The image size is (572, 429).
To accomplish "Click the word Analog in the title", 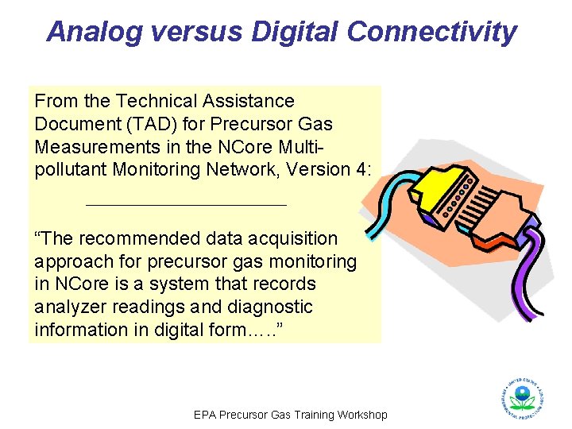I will [94, 32].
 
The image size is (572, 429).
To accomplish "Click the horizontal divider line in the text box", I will [185, 205].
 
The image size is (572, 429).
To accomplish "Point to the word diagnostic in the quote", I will [270, 307].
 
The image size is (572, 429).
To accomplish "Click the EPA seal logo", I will [521, 396].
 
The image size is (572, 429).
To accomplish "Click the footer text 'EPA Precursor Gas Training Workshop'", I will [291, 415].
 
